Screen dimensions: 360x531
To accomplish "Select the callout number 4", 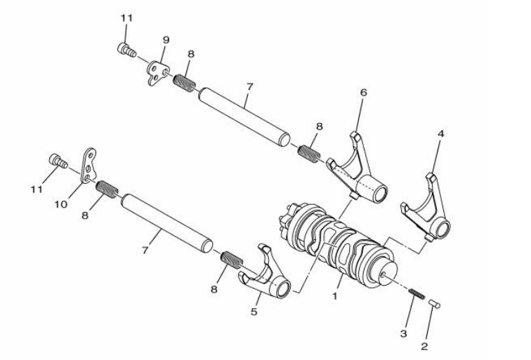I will coord(439,131).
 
